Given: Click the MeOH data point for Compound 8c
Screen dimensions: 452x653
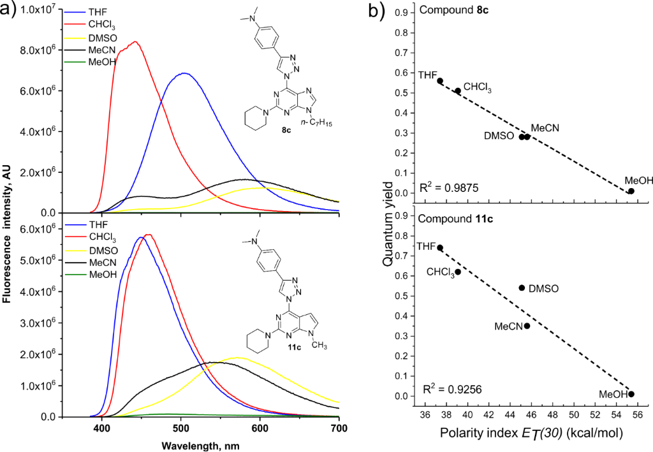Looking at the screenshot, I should pyautogui.click(x=631, y=191).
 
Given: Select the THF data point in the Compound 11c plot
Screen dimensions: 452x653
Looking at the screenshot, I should pyautogui.click(x=440, y=247).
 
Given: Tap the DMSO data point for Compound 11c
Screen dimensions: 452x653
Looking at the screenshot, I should pyautogui.click(x=522, y=288).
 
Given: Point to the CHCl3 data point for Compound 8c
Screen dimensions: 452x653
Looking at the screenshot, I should pyautogui.click(x=458, y=91).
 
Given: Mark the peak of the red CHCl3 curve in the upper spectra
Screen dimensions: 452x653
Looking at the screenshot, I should pyautogui.click(x=135, y=42).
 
